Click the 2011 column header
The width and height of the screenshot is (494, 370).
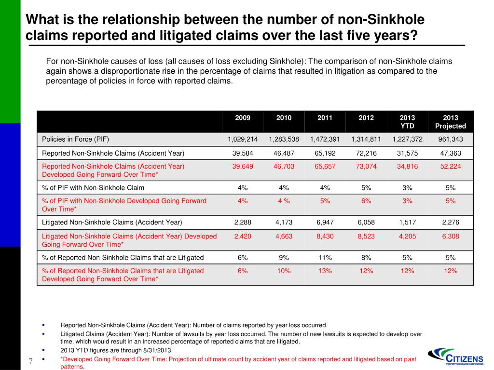(x=325, y=118)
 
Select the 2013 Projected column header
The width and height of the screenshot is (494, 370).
(x=451, y=122)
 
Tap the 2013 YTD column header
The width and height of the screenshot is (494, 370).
(x=407, y=122)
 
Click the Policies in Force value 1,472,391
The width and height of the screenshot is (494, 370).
(x=325, y=139)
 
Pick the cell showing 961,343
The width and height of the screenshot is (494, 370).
(x=451, y=139)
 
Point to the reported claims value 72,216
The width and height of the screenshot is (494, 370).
(x=366, y=153)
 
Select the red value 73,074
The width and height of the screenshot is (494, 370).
(x=366, y=166)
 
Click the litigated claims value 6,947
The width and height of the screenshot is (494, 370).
(x=325, y=222)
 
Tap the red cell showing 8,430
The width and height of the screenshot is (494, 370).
(x=325, y=236)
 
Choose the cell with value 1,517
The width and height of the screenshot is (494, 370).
(x=407, y=222)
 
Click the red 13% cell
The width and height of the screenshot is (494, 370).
(x=325, y=271)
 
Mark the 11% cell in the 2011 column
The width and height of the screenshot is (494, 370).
(x=325, y=257)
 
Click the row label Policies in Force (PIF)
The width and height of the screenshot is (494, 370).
(x=76, y=139)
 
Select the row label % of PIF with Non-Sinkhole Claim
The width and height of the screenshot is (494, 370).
(x=93, y=188)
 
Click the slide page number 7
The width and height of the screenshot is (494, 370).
(x=30, y=361)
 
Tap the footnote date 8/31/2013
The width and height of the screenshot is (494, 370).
(x=157, y=350)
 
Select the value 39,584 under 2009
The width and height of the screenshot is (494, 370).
(x=243, y=153)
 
